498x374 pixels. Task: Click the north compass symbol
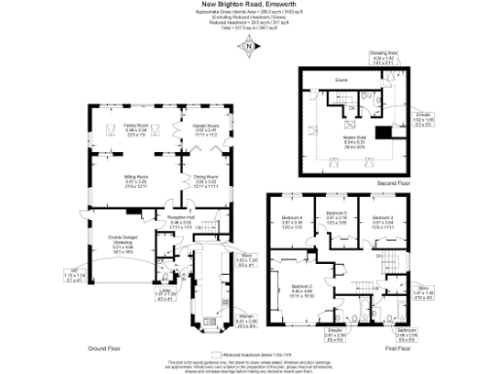248,47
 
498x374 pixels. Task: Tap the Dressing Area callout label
384,56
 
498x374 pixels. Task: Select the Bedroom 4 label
293,220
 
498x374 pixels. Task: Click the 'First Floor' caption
410,346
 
